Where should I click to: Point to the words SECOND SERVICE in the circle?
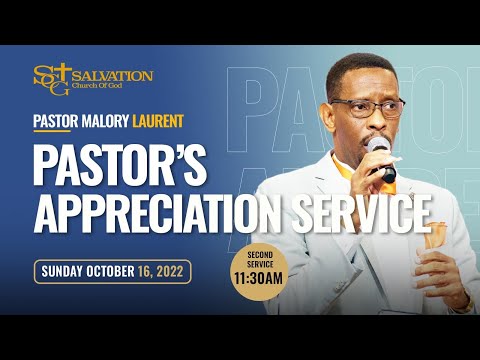click(x=259, y=256)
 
